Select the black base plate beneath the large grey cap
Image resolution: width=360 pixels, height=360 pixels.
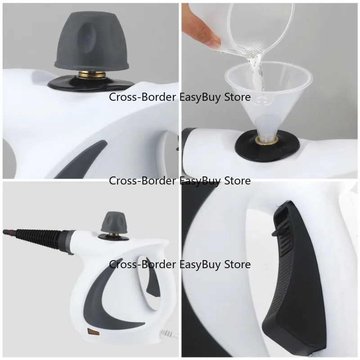tap(92, 83)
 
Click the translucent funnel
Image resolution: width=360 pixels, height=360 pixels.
tap(268, 96)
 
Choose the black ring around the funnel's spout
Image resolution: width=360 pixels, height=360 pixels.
tap(267, 144)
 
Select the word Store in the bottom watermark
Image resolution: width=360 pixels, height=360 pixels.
tap(237, 265)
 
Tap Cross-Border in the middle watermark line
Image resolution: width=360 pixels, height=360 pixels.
tap(142, 181)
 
